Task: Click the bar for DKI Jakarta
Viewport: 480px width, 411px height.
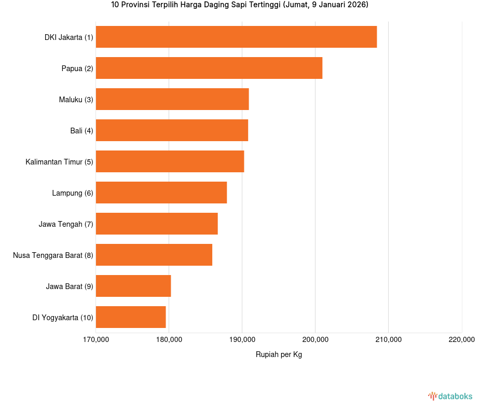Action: tap(236, 37)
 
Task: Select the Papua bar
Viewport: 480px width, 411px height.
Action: tap(209, 68)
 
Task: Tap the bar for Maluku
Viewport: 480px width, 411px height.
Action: tap(172, 99)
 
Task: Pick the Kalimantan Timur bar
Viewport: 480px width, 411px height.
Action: tap(170, 161)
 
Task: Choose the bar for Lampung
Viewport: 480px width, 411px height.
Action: tap(161, 193)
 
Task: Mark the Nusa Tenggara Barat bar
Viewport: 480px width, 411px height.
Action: tap(154, 255)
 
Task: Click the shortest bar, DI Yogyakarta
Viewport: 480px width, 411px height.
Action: tap(131, 317)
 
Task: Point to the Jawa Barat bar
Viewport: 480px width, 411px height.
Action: tap(133, 286)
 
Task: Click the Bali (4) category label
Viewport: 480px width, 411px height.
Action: tap(81, 131)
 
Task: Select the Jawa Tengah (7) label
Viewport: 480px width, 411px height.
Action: tap(66, 224)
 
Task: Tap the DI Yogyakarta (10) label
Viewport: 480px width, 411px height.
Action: tap(63, 318)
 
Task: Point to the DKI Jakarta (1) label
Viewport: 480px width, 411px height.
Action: tap(69, 37)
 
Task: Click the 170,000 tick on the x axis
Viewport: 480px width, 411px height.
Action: tap(96, 340)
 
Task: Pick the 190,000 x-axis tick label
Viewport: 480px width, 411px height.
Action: tap(242, 340)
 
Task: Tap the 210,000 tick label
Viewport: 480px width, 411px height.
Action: tap(388, 340)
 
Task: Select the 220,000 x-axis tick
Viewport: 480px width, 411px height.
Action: tap(461, 340)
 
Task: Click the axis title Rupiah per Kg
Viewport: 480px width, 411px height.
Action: tap(279, 354)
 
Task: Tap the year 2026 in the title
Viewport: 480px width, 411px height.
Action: tap(356, 5)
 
